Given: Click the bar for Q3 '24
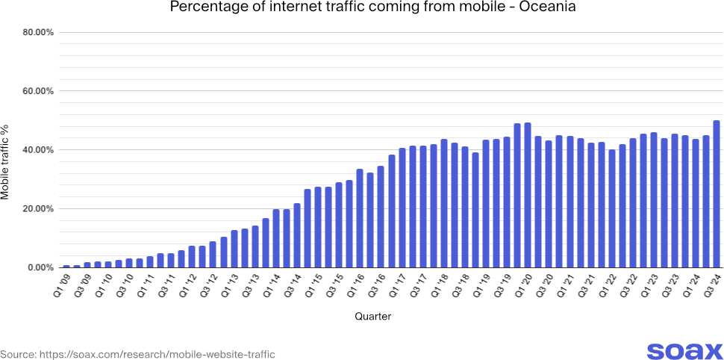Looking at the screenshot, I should (717, 194).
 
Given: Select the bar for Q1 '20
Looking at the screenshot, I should (528, 195).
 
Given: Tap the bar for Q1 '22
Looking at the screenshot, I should (612, 208).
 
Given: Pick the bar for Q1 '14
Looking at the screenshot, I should (276, 238).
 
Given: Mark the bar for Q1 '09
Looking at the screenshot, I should (66, 266).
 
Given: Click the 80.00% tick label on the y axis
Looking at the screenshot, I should (37, 33).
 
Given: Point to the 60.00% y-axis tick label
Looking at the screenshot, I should (37, 91).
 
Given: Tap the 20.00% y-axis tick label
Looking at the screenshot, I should (37, 209).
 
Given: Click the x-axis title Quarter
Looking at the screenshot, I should (372, 317).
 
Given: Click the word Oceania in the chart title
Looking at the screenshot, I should (549, 7).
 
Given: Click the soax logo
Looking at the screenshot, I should (684, 351).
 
